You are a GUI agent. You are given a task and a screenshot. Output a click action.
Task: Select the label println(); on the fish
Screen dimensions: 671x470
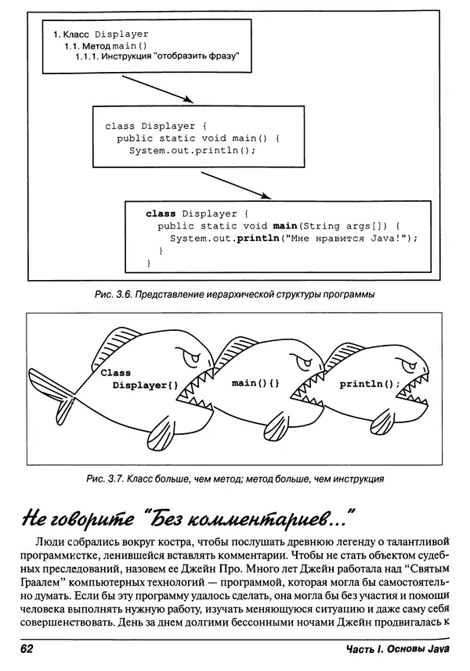[x=369, y=385]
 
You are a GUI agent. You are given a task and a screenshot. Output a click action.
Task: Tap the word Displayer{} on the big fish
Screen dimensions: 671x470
[x=146, y=386]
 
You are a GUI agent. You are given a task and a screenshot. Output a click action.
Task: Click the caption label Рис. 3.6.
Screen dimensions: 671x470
[x=113, y=295]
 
